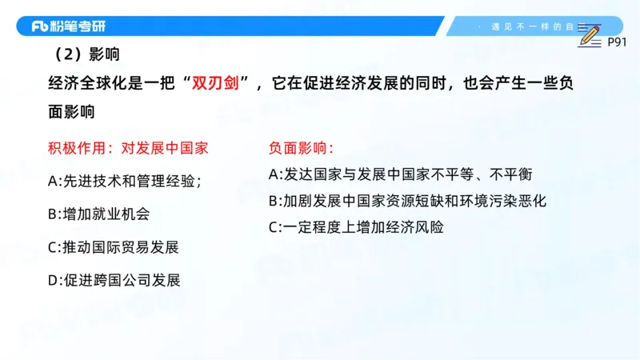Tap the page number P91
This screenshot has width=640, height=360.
point(616,41)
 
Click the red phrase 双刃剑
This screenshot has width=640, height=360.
point(217,82)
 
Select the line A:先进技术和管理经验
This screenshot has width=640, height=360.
point(125,181)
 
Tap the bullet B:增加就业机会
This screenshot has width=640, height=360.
point(98,214)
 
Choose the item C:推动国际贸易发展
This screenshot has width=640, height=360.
point(113,246)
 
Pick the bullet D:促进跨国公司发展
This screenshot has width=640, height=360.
point(114,280)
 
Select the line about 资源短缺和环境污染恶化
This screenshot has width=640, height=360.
point(407,200)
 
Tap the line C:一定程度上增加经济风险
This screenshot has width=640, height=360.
point(356,226)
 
